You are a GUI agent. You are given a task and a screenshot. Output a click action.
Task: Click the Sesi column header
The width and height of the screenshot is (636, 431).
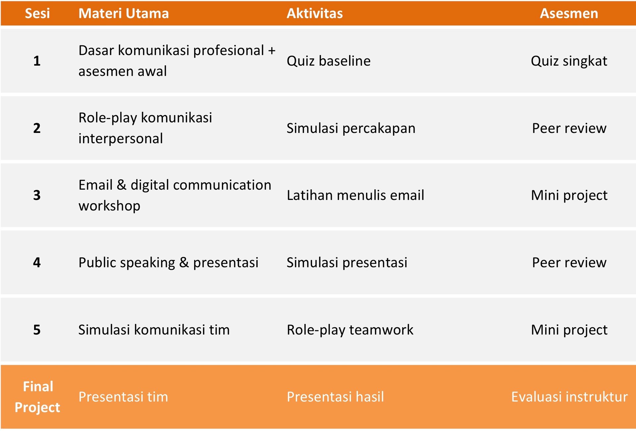[37, 13]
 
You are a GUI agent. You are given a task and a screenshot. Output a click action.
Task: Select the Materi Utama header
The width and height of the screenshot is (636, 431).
[124, 13]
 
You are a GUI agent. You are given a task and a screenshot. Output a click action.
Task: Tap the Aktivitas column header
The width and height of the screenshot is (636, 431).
[315, 13]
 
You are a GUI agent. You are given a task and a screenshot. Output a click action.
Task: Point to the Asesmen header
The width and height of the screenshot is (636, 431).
[569, 13]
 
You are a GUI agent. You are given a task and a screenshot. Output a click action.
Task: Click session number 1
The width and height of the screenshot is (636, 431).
[37, 61]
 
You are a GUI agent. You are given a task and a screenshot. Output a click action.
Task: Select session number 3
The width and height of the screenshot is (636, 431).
[37, 195]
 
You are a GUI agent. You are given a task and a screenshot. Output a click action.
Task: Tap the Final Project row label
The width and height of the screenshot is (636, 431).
[37, 397]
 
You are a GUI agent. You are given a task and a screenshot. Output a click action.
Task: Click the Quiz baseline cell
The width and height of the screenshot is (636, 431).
[329, 61]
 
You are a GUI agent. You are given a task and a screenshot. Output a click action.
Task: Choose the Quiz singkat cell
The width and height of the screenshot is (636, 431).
[569, 61]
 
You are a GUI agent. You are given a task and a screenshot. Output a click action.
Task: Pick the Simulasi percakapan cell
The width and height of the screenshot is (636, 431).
[351, 128]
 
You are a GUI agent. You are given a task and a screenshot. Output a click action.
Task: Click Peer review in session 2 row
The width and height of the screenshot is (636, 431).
[569, 128]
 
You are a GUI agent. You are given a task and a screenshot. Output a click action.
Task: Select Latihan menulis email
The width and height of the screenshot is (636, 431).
[355, 195]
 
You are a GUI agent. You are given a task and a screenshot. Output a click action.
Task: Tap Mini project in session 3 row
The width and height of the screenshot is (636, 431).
[569, 195]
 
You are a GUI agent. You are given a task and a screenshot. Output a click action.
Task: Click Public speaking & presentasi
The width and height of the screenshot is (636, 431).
[168, 263]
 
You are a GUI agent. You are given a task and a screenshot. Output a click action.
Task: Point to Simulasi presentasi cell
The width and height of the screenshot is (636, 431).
[347, 263]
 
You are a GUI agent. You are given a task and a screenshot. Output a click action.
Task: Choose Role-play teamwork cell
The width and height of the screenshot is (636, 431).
[350, 330]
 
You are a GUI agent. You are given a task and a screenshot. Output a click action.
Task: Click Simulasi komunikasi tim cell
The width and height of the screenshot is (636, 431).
[154, 330]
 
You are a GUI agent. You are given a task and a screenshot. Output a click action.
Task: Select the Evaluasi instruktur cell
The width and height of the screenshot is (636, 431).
[569, 397]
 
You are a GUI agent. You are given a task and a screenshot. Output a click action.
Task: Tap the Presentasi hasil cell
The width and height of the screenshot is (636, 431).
[335, 397]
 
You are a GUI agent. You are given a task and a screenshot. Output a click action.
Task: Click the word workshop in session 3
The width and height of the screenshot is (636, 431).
[109, 206]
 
